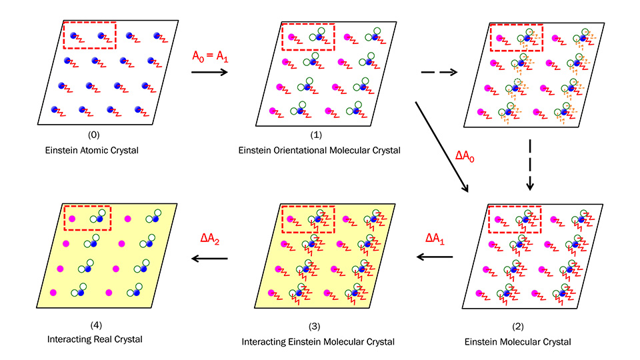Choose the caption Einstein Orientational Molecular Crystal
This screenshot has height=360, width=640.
click(319, 150)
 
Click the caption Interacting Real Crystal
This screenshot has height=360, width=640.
click(95, 339)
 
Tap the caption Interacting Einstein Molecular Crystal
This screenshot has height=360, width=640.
click(319, 341)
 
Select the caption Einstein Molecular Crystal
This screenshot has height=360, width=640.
click(517, 341)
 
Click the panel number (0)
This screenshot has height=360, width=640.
click(93, 135)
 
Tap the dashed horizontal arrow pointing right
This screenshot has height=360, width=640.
click(439, 73)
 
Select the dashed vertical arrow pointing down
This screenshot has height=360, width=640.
click(529, 163)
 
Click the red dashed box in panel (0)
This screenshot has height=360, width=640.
click(89, 35)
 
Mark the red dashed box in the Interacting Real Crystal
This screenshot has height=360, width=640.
click(87, 218)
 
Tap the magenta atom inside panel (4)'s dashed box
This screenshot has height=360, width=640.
click(71, 219)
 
